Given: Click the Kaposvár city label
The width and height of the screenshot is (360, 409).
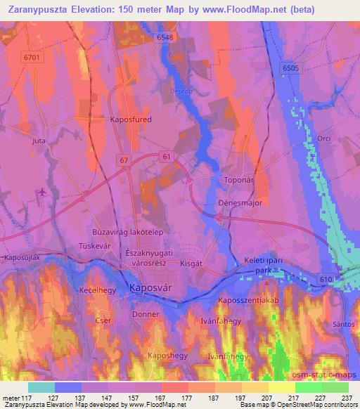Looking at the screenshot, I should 150,287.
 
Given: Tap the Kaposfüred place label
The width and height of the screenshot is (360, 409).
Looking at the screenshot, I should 131,119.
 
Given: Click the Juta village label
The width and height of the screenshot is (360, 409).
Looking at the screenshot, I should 39,141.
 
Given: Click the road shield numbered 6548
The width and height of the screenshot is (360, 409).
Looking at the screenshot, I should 165,37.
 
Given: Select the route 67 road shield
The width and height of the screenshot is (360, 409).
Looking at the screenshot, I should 124,161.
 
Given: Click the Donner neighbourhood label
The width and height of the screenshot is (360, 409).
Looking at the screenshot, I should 146,315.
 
